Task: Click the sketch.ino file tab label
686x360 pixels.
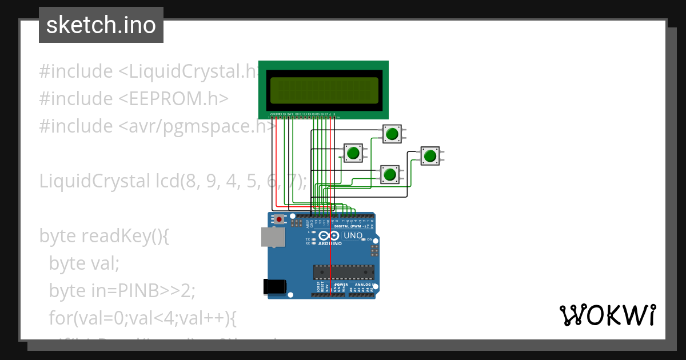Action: (101, 25)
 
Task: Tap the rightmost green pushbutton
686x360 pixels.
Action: (430, 155)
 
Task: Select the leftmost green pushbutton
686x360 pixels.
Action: (353, 153)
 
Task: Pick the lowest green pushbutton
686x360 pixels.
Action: (390, 174)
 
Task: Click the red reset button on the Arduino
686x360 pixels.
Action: (279, 219)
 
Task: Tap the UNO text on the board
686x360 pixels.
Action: (353, 235)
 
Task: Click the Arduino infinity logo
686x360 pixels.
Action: (329, 235)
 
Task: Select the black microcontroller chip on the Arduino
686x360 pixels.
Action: (343, 273)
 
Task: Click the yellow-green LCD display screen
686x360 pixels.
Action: (324, 90)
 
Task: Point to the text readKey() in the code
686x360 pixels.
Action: (125, 236)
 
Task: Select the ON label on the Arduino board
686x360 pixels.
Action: (369, 239)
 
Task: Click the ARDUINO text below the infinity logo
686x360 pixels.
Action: (330, 243)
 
